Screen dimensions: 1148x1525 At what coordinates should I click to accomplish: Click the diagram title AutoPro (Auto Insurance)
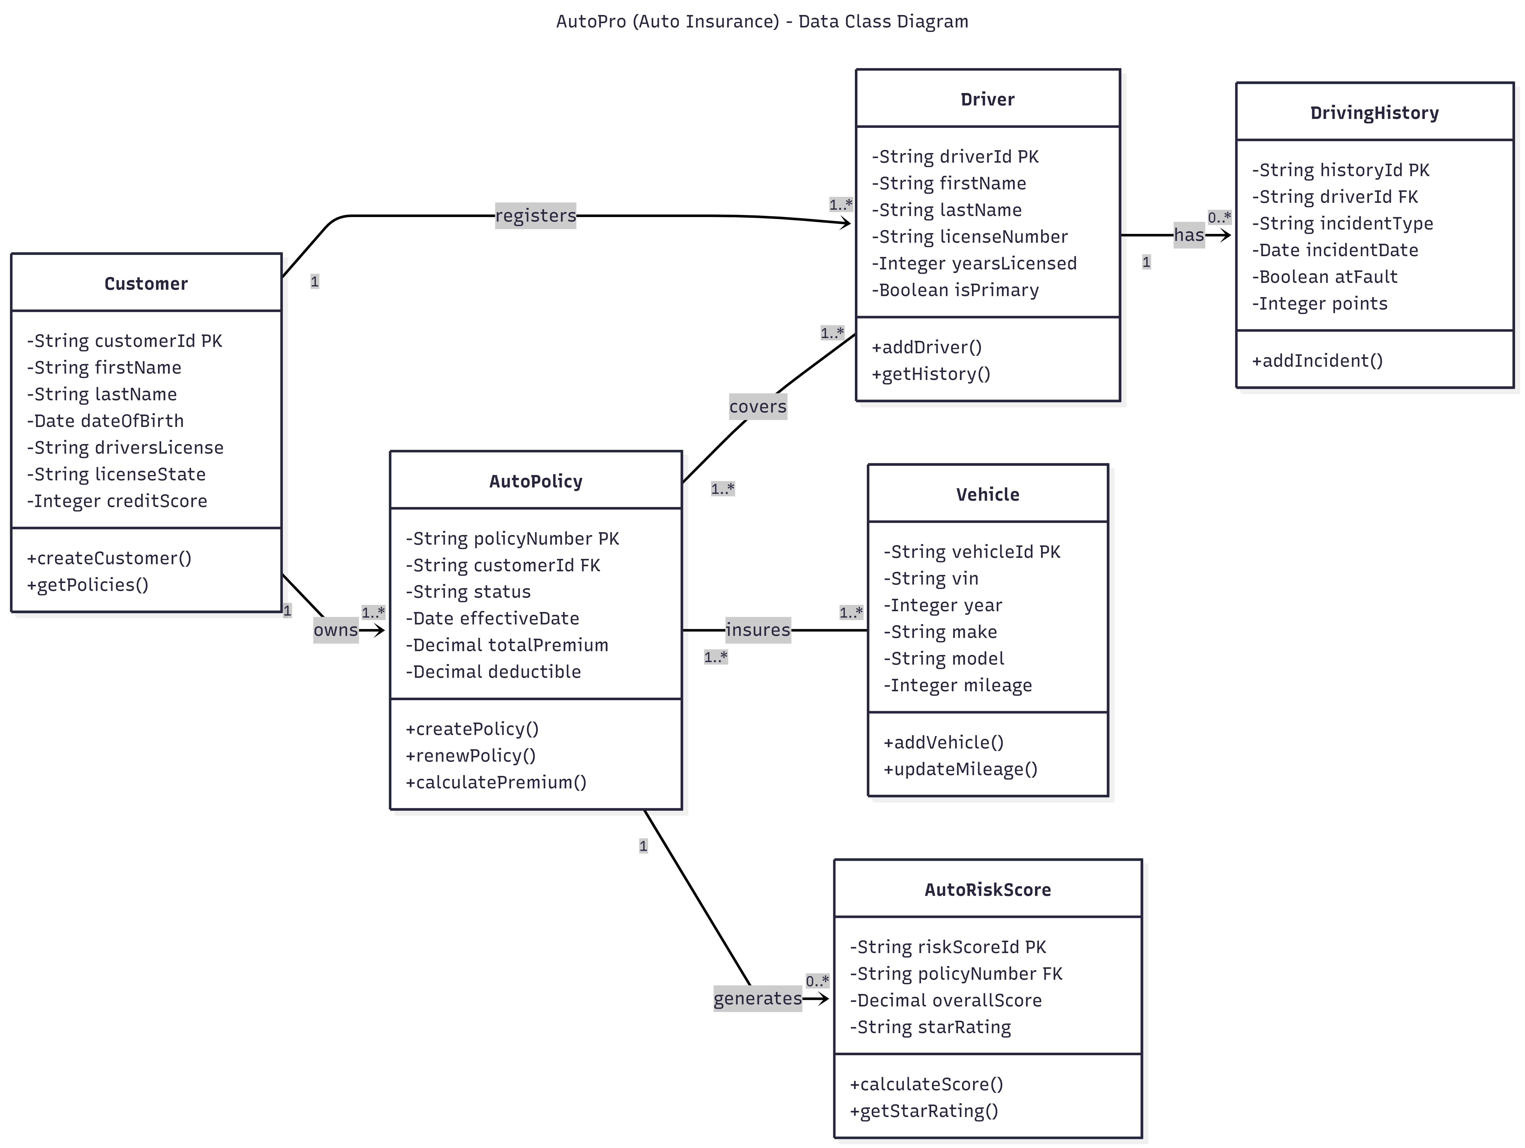pos(762,21)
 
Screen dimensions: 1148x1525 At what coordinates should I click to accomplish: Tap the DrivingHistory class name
pos(1374,113)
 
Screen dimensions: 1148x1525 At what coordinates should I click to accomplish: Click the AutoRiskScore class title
pos(987,890)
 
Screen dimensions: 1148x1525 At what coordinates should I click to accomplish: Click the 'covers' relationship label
pos(758,407)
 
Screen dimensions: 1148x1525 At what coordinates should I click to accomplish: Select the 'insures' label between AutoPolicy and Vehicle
pos(758,630)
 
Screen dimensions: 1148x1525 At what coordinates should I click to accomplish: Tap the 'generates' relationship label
pos(757,998)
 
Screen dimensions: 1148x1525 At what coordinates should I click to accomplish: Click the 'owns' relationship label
pos(336,630)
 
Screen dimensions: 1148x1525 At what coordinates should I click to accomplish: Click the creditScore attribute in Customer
pos(117,501)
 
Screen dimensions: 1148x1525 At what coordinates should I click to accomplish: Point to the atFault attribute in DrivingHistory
pos(1324,277)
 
